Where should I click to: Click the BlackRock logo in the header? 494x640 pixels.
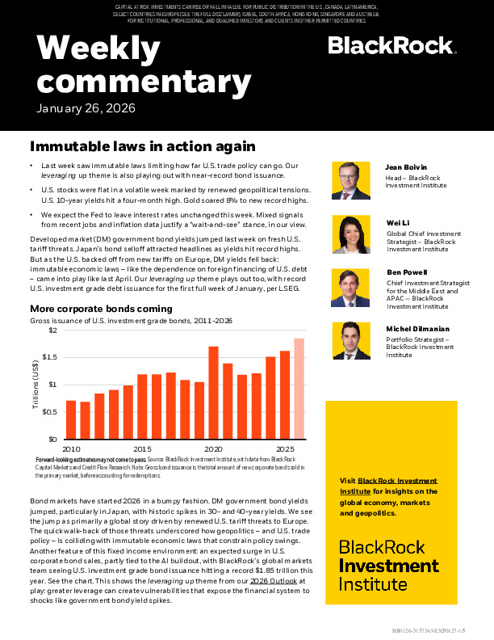pyautogui.click(x=391, y=46)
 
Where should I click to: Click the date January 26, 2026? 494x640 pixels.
pyautogui.click(x=86, y=108)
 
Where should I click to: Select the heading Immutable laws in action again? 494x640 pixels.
pyautogui.click(x=143, y=147)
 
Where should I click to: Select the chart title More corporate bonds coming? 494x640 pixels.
pyautogui.click(x=101, y=309)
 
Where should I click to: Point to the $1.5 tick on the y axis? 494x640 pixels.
pyautogui.click(x=50, y=357)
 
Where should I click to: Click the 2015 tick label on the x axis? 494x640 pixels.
pyautogui.click(x=142, y=448)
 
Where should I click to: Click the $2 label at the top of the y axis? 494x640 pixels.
pyautogui.click(x=53, y=331)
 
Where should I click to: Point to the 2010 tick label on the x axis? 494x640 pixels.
pyautogui.click(x=72, y=448)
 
